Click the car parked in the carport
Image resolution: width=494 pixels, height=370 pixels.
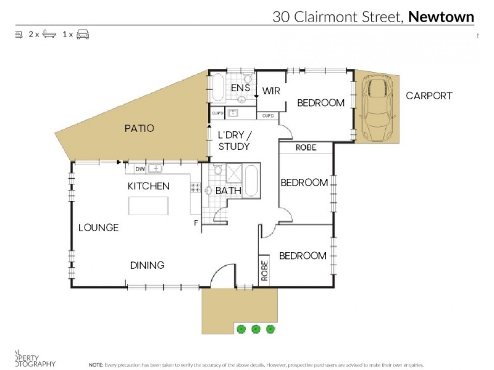point(377,107)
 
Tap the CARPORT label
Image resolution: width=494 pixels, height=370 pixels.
point(429,96)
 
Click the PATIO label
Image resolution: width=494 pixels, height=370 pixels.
point(139,129)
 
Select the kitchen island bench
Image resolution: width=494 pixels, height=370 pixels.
point(148,205)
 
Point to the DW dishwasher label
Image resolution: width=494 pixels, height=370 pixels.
point(140,168)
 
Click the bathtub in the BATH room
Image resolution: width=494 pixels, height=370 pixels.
point(251,181)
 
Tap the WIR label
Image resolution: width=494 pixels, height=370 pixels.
point(271,91)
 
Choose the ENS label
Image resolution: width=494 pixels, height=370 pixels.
point(240,88)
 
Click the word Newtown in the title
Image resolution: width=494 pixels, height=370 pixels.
point(441,17)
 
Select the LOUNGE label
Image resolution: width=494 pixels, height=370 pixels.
point(98,228)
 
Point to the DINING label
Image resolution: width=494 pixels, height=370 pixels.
point(147,265)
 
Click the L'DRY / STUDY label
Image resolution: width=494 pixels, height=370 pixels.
point(234,141)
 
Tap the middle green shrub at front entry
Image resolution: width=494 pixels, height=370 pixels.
point(255,329)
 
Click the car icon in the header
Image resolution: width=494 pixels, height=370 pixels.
point(83,35)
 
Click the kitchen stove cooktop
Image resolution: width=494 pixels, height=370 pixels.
point(196,188)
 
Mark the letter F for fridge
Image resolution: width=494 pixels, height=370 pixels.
point(196,223)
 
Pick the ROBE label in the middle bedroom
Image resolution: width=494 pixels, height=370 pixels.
point(306,148)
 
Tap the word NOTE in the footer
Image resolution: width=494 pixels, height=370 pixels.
point(96,364)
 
